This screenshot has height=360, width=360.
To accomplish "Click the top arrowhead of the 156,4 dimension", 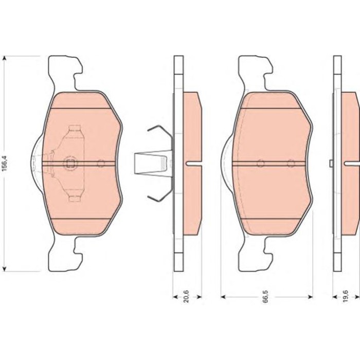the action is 4,59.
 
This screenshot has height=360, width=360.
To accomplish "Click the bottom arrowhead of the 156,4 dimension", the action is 4,268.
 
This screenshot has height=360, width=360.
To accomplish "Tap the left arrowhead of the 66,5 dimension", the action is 223,297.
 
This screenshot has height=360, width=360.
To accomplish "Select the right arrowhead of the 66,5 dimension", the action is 310,297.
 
